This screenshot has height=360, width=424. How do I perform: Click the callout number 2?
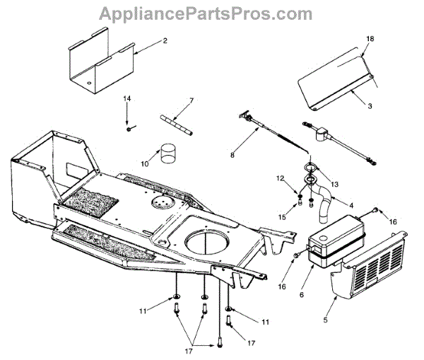(x=165, y=41)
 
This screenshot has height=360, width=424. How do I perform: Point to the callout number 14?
(x=128, y=98)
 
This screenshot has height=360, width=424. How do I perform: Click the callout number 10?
(x=145, y=163)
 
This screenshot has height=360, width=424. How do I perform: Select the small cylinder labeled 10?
(x=168, y=155)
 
